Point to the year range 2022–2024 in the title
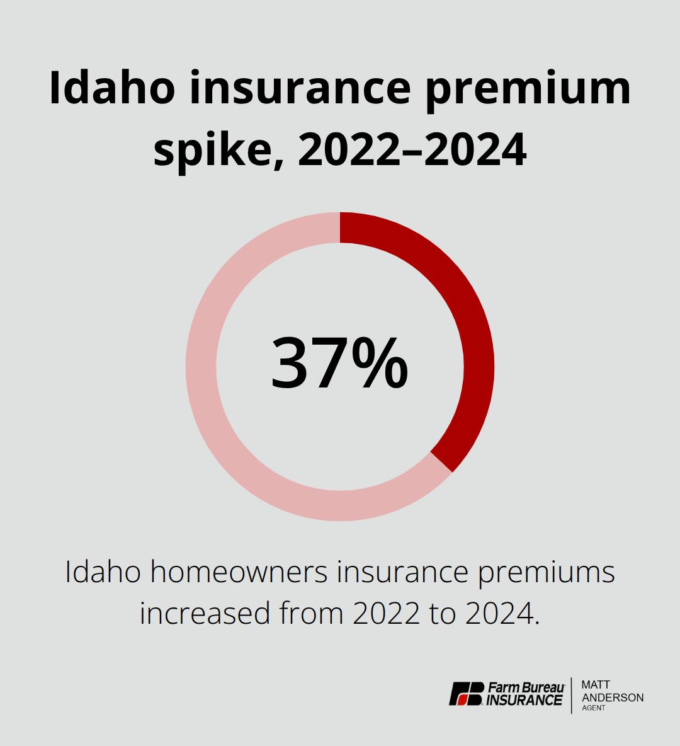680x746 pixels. coord(412,151)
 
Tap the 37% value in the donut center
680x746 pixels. coord(340,364)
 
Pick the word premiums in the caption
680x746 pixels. coord(546,572)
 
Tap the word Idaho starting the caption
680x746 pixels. coord(103,572)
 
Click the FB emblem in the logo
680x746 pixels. coord(467,694)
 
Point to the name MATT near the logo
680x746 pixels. coord(596,685)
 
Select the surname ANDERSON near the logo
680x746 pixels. coord(613,697)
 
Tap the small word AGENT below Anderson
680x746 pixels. coord(594,708)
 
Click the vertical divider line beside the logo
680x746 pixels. coord(572,695)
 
